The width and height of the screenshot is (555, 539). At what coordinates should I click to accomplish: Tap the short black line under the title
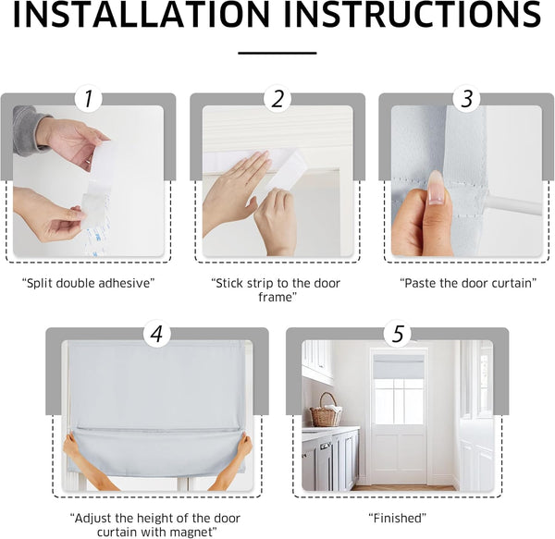point(277,54)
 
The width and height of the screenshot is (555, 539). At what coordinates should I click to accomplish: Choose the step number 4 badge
point(156,334)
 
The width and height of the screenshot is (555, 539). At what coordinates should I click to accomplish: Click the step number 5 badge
point(397,334)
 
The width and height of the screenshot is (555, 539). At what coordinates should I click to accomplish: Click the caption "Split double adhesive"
point(87,282)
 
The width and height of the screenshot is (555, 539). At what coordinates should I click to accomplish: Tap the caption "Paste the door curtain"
point(467,282)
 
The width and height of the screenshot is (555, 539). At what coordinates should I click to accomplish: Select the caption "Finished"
point(397,518)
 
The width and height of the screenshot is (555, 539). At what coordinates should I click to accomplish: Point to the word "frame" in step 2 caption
point(277,298)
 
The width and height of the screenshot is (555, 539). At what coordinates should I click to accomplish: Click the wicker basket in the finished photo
point(325,411)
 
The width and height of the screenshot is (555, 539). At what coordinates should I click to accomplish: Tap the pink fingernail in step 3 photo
point(436,186)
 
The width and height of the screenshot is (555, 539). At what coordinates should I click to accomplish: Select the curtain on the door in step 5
point(398,369)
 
